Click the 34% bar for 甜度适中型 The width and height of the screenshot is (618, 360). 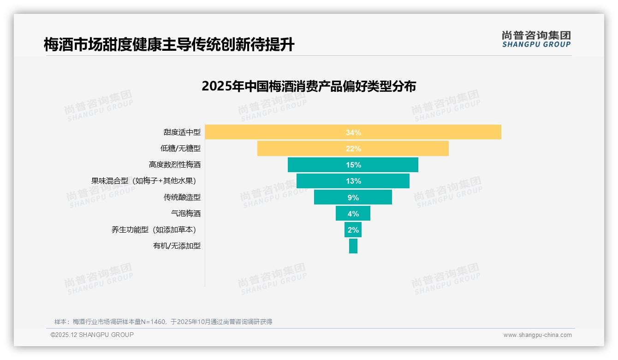pyautogui.click(x=353, y=132)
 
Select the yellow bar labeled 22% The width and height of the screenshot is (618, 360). pyautogui.click(x=353, y=149)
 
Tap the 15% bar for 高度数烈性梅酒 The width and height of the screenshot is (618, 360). pyautogui.click(x=353, y=165)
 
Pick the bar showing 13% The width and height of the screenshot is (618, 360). pyautogui.click(x=353, y=181)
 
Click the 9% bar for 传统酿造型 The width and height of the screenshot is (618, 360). pyautogui.click(x=353, y=197)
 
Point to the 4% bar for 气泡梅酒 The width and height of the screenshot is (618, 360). pyautogui.click(x=353, y=213)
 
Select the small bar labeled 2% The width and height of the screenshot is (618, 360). pyautogui.click(x=353, y=229)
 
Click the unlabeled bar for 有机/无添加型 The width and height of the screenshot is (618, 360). pyautogui.click(x=353, y=246)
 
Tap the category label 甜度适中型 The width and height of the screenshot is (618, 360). pyautogui.click(x=182, y=132)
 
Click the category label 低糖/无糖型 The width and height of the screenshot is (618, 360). pyautogui.click(x=180, y=149)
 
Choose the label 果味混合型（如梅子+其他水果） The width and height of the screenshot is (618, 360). pyautogui.click(x=146, y=181)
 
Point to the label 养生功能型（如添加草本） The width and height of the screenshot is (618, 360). pyautogui.click(x=156, y=229)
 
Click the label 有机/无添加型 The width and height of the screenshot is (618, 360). pyautogui.click(x=177, y=246)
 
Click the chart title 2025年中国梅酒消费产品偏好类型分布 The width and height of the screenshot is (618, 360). pyautogui.click(x=309, y=86)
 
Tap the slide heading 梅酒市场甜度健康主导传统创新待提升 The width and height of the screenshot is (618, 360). pyautogui.click(x=169, y=45)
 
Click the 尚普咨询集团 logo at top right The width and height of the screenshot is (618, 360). pyautogui.click(x=536, y=39)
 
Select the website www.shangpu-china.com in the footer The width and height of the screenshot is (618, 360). pyautogui.click(x=537, y=335)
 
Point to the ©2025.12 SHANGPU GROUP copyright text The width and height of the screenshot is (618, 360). pyautogui.click(x=92, y=335)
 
